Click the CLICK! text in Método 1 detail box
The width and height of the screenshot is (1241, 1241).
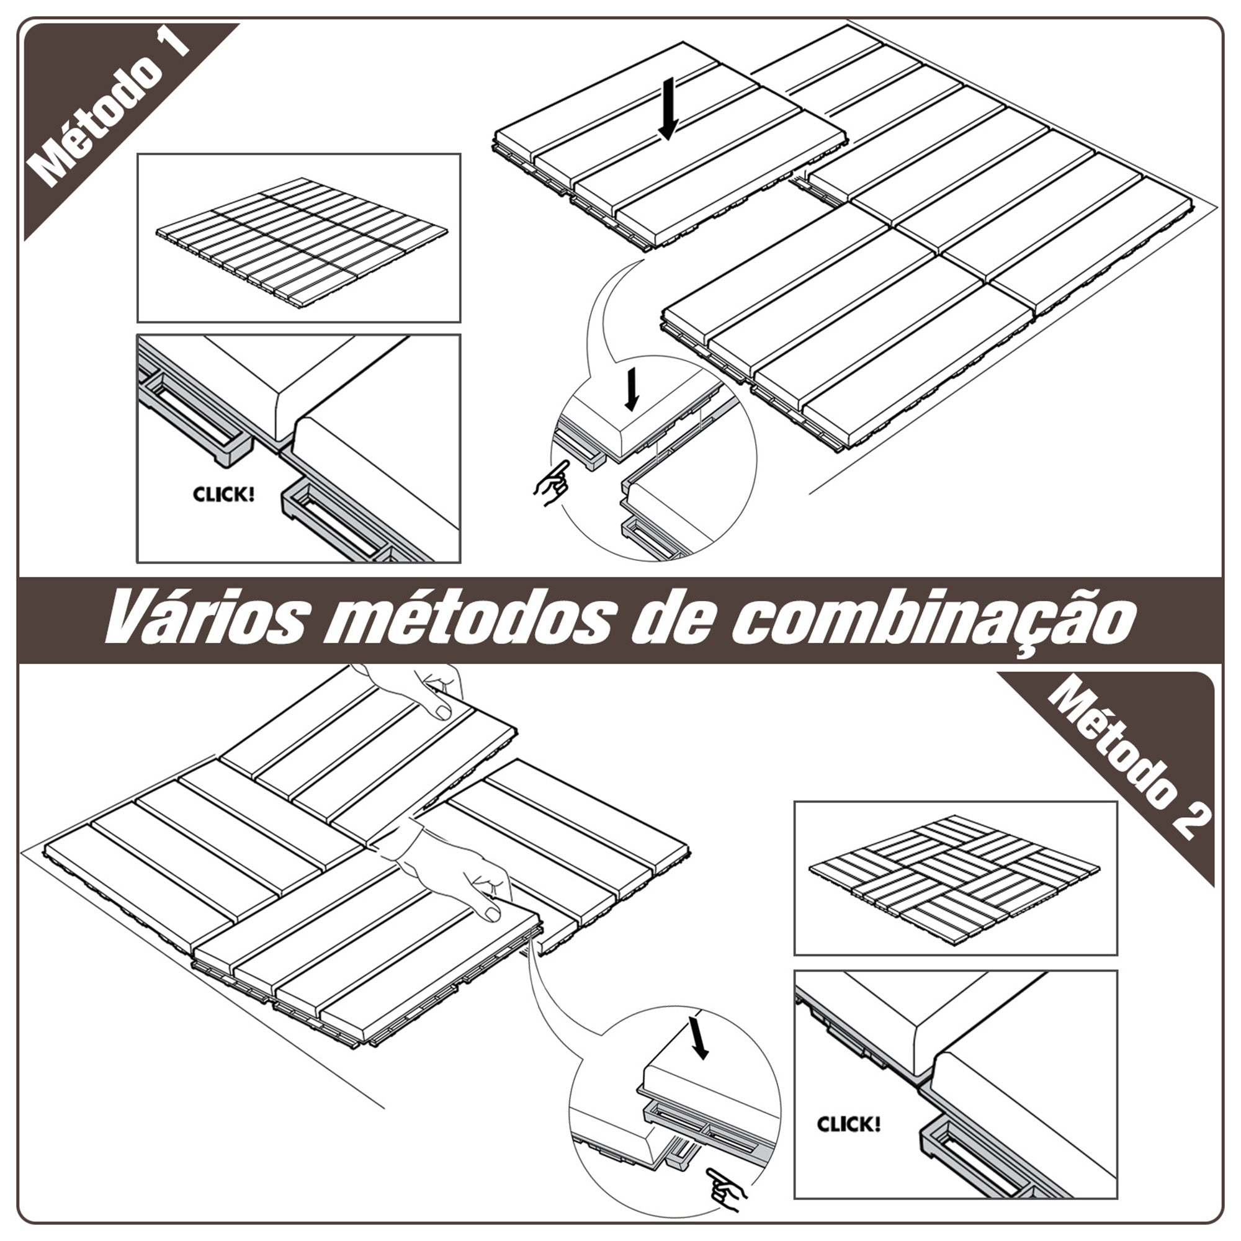pyautogui.click(x=223, y=495)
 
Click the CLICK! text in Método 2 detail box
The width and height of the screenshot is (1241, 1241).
pyautogui.click(x=848, y=1125)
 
